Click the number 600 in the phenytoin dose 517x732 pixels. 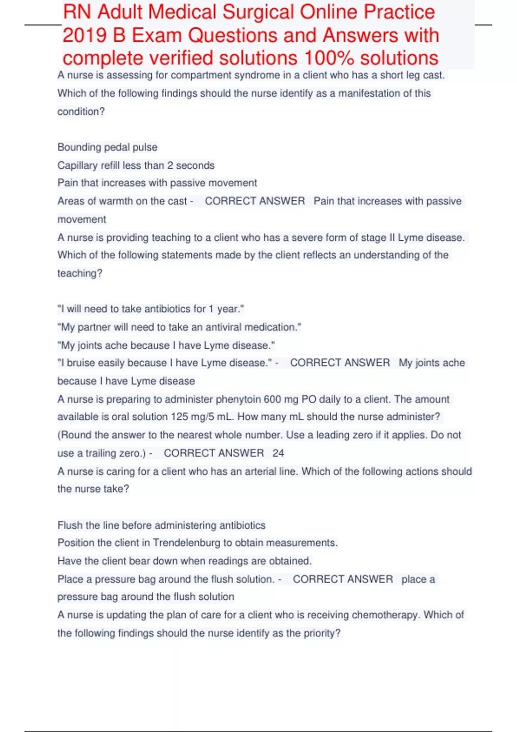(x=272, y=399)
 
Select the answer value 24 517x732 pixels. (x=278, y=453)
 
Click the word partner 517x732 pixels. (x=93, y=327)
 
